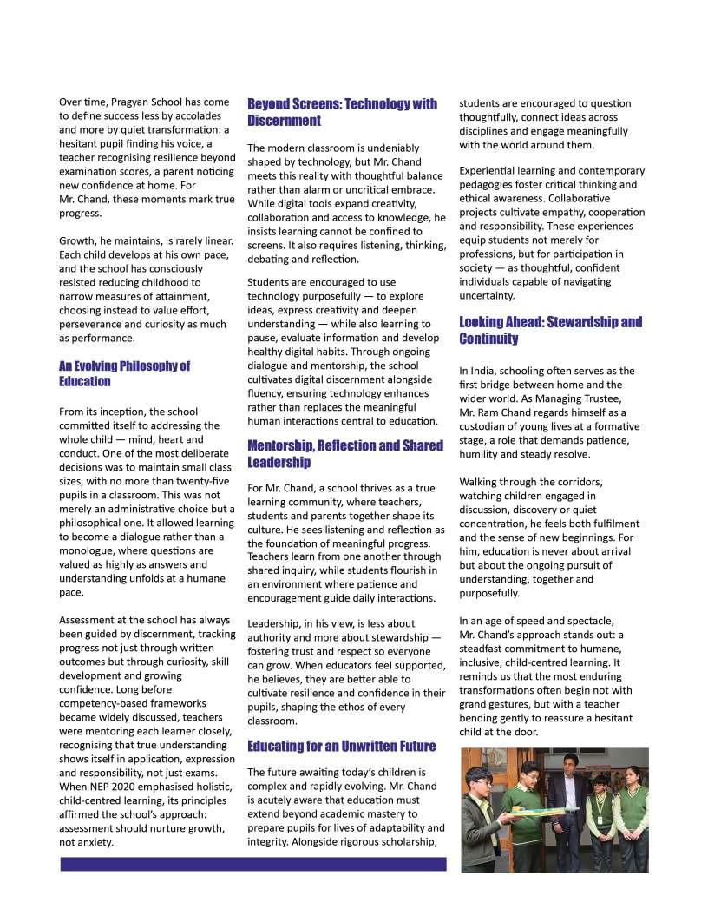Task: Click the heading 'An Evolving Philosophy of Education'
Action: pos(124,373)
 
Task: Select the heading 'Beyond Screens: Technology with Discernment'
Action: pos(342,112)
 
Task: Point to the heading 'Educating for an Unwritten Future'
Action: pos(341,746)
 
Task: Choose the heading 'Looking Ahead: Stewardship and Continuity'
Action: pos(550,330)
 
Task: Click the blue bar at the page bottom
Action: pos(252,864)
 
